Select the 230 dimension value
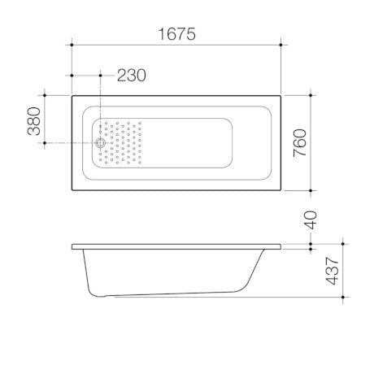131,76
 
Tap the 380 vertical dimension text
35,120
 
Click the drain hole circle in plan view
100,143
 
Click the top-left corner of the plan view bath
73,95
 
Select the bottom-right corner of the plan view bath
281,191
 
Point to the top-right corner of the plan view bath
281,95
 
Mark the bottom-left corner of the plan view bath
73,191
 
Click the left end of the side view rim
73,246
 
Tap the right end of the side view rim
281,246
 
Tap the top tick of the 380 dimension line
46,95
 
